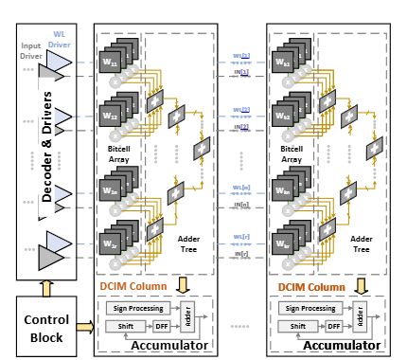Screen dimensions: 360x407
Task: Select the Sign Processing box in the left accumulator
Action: coord(136,308)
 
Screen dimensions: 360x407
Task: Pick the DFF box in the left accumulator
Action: coord(161,325)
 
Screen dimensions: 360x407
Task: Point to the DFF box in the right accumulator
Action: coord(334,325)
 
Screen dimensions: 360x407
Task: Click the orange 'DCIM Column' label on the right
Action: coord(312,287)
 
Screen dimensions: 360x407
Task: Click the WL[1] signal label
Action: coord(241,57)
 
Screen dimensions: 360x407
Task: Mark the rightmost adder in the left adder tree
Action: coord(202,150)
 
